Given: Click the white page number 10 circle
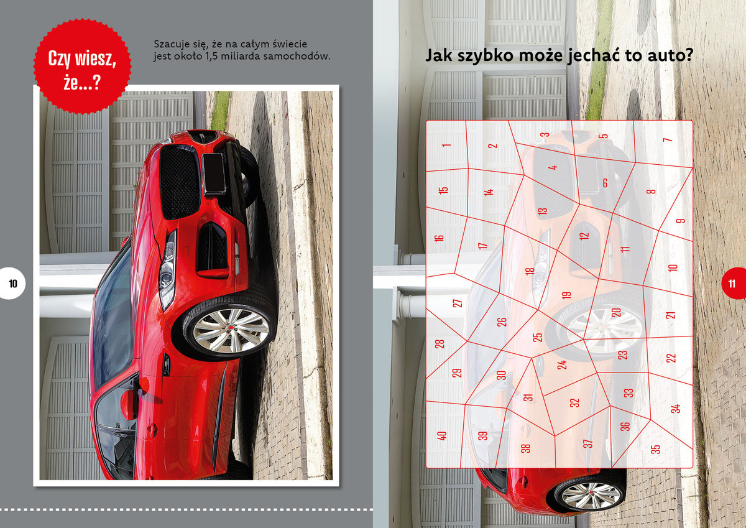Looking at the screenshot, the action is click(12, 284).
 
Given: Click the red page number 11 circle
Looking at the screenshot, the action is click(734, 284).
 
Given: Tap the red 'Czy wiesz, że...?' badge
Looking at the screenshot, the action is click(82, 67).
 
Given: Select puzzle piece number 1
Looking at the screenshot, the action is click(446, 146).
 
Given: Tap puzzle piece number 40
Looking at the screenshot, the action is click(443, 435).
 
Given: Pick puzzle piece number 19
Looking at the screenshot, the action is click(566, 295).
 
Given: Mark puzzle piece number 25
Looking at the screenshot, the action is click(537, 337).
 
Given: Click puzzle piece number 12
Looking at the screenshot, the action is click(584, 236).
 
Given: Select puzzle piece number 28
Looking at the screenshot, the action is click(440, 343).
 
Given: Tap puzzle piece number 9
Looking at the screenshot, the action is click(679, 221).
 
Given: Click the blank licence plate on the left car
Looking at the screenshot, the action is click(213, 174).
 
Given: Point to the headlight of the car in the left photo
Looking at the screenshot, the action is click(167, 271).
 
